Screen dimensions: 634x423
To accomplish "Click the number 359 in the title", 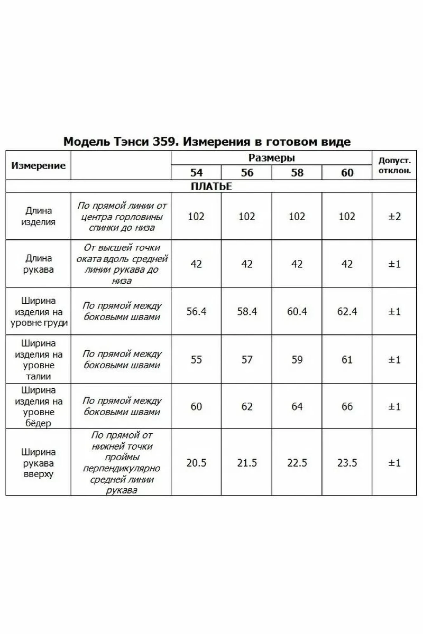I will coord(163,141).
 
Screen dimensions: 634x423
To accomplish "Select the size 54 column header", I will coord(196,172).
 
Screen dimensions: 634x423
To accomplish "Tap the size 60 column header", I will coord(347,172).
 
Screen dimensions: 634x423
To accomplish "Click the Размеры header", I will coord(271,158).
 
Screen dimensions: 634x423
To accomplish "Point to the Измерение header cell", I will coord(38,165).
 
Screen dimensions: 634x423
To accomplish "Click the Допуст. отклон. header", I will coord(394,165).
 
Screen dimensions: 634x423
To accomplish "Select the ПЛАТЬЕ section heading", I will coord(211,186).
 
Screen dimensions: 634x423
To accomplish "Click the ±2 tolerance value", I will coord(394,217).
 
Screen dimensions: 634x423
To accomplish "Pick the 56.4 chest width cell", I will coord(196,312).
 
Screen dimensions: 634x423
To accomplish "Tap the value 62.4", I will coord(347,312).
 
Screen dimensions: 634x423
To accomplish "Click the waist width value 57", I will coord(247,359).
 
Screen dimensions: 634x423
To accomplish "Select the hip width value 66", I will coord(347,406).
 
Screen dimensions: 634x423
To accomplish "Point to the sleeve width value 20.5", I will coord(196,463).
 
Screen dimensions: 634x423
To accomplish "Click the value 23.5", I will coord(347,463).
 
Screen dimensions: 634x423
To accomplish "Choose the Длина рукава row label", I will coord(38,264).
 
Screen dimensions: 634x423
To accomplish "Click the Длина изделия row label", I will coord(38,216).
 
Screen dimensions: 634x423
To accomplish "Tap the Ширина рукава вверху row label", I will coord(38,463).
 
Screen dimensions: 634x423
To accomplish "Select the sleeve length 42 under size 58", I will coord(297,264).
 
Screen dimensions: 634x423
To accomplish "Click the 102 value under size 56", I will coord(247,217).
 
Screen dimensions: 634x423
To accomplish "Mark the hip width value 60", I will coord(196,406).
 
